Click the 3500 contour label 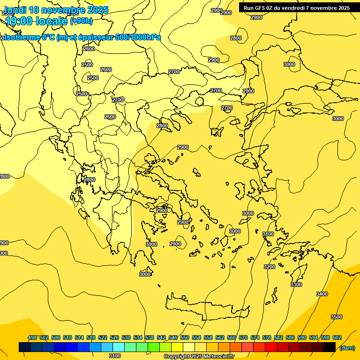[x=336, y=317]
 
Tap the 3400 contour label [x=322, y=294]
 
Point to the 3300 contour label [x=296, y=285]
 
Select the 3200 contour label [x=270, y=267]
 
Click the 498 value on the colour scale [x=32, y=337]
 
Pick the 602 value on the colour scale [x=337, y=337]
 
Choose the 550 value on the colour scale [x=185, y=337]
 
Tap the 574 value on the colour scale [x=255, y=337]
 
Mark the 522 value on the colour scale [x=103, y=337]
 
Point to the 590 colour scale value [x=302, y=337]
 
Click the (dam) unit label [x=347, y=347]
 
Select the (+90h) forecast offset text [x=81, y=21]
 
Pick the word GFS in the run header [x=260, y=8]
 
